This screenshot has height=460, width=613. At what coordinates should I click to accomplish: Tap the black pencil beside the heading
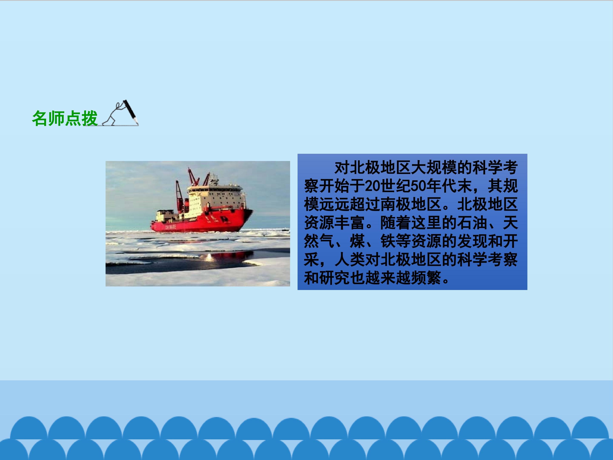[x=130, y=112]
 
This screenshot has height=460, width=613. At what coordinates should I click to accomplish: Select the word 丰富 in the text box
[x=350, y=223]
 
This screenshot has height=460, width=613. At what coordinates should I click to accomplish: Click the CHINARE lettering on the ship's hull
[x=170, y=227]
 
